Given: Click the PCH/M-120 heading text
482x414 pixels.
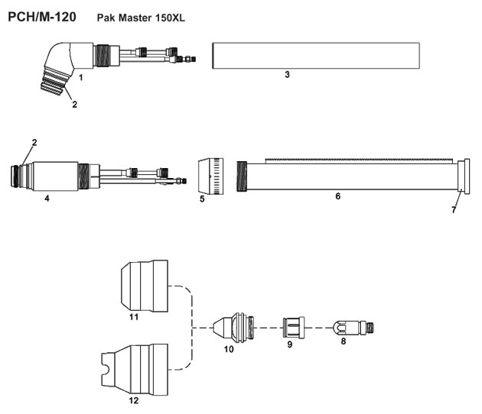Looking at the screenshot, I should click(41, 18).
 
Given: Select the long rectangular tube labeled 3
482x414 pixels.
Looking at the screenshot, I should click(316, 56).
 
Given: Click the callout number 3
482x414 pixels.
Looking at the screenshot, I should click(286, 76).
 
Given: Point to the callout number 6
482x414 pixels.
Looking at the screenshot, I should click(337, 196).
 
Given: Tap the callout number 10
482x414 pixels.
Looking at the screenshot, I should click(229, 349).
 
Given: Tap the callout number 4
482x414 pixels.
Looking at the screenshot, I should click(47, 198).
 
